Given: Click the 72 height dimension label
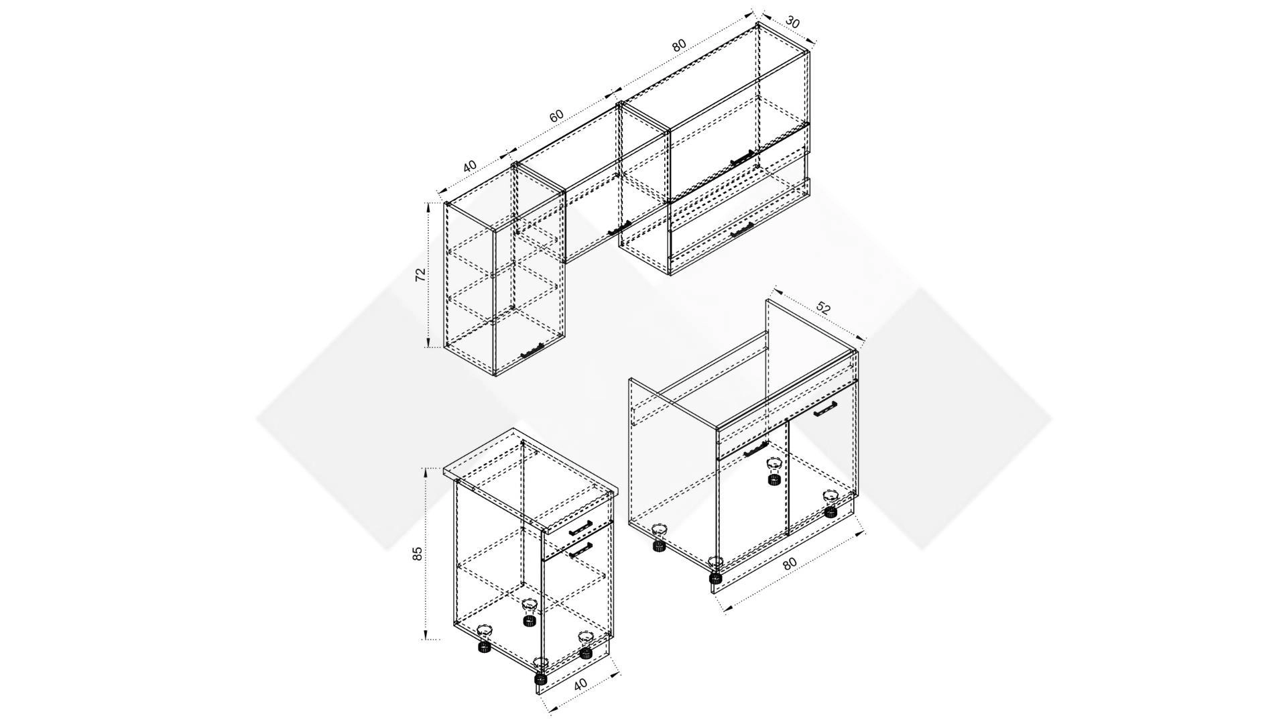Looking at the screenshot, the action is coord(420,275).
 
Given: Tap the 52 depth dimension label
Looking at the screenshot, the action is coord(824,309).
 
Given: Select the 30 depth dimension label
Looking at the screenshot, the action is coord(792,22).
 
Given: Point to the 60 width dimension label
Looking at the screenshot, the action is coord(556,115).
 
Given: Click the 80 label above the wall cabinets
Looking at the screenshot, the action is coord(679,46).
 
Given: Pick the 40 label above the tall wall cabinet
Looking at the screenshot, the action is coord(469,165).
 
